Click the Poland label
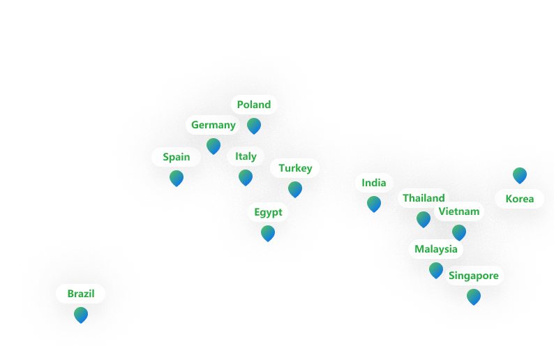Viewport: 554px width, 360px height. coord(254,105)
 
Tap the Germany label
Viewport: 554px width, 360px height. coord(214,125)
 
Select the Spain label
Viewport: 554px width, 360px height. coord(176,157)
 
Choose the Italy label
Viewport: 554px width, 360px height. coord(246,156)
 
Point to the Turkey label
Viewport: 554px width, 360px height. coord(295,168)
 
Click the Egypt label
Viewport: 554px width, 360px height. coord(268,212)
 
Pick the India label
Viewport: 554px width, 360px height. coord(374,183)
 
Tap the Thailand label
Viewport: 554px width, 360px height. coord(423,198)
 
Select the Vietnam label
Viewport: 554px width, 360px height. coord(459,211)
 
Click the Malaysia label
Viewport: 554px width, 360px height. coord(436,249)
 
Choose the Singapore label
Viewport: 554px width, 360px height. coord(474,276)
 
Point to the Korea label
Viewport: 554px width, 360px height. coord(520,199)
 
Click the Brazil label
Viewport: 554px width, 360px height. coord(81,294)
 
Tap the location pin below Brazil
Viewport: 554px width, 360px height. coord(81,315)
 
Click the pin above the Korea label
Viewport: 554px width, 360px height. coord(520,175)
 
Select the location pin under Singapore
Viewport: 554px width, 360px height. coord(474,297)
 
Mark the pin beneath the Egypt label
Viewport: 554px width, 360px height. coord(268,234)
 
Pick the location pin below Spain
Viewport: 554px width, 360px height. coord(177,179)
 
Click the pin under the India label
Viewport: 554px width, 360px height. coord(374,204)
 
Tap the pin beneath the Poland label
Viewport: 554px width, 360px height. coord(254,126)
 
